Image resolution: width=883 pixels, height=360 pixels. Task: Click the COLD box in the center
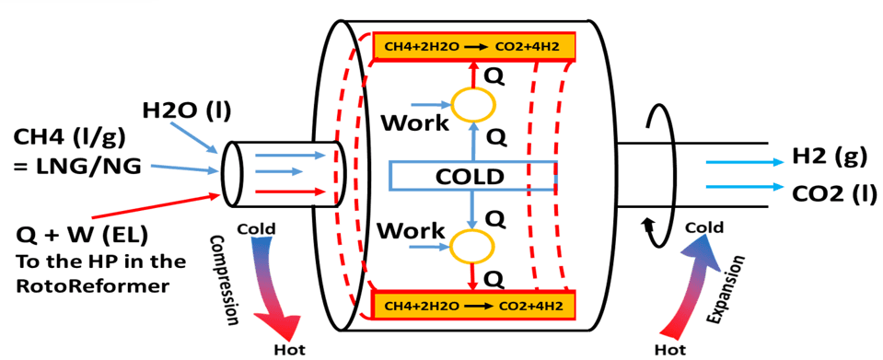point(472,175)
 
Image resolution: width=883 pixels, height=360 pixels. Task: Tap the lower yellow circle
point(472,242)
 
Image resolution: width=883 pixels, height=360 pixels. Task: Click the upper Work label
point(413,121)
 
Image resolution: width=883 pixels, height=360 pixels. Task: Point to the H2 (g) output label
point(830,157)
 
